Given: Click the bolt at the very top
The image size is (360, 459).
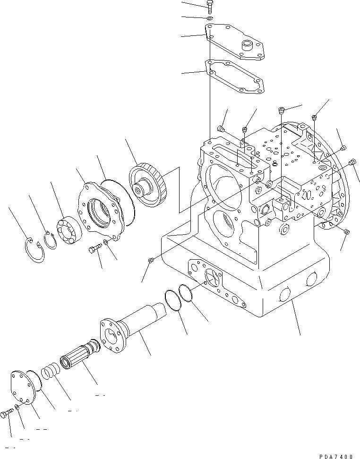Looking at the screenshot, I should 210,6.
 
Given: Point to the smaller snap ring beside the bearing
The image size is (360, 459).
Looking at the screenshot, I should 50,239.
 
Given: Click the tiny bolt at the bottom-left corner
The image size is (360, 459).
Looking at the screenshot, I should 6,414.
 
